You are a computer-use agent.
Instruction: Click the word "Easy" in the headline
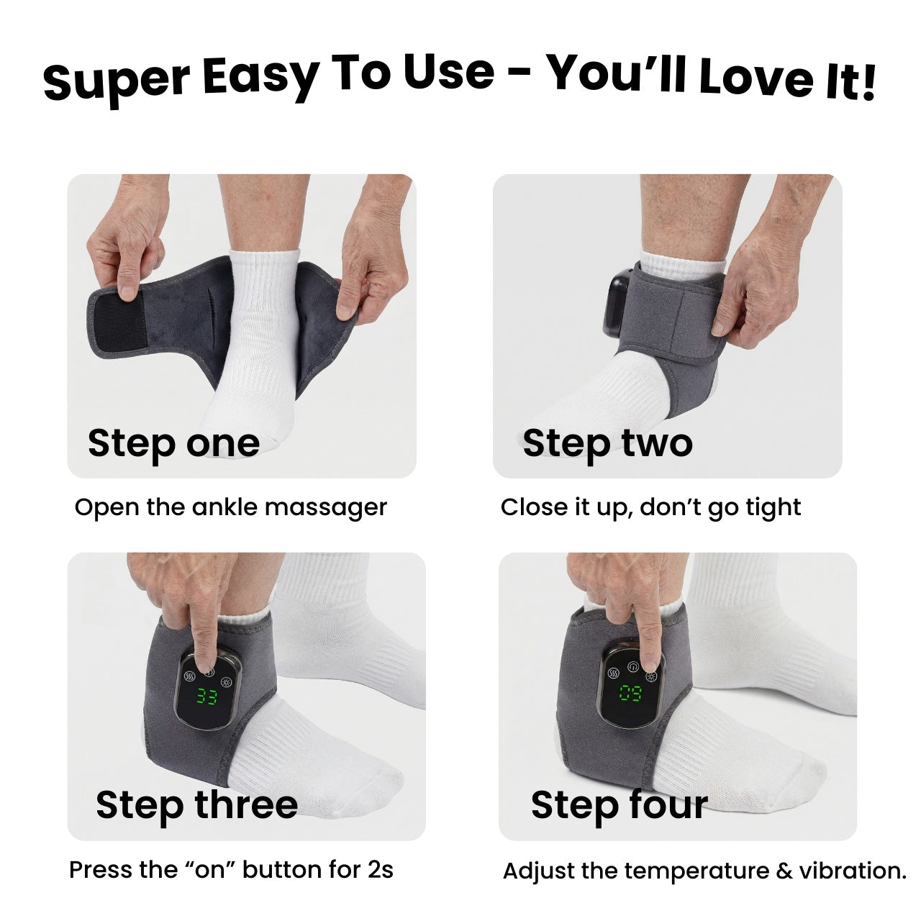(260, 77)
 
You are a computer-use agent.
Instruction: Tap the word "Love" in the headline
(756, 76)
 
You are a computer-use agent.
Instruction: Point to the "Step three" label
(196, 805)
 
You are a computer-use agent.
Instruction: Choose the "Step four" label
(620, 805)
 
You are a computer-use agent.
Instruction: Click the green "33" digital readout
(207, 697)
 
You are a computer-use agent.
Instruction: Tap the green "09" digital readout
(630, 692)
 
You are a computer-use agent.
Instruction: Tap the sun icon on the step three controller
(225, 681)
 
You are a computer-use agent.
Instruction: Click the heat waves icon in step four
(613, 673)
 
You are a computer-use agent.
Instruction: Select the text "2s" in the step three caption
(381, 870)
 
